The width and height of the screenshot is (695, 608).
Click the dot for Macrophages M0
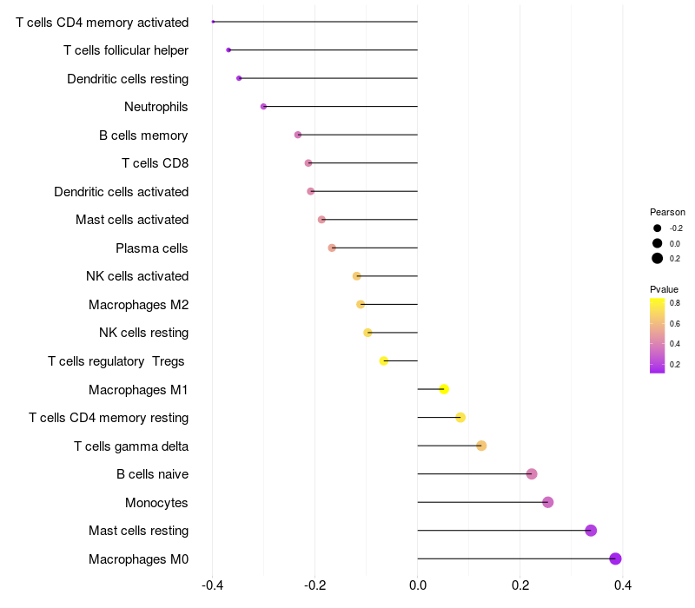pyautogui.click(x=615, y=558)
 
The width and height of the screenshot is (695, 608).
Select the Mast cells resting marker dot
pyautogui.click(x=591, y=531)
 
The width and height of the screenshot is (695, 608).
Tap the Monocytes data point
pyautogui.click(x=547, y=502)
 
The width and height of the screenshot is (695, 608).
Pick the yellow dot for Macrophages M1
pyautogui.click(x=444, y=389)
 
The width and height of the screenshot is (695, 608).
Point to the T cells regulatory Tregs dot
pyautogui.click(x=384, y=360)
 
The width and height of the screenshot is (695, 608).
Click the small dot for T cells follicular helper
pyautogui.click(x=228, y=50)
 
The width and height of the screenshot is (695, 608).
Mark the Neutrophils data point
pyautogui.click(x=263, y=107)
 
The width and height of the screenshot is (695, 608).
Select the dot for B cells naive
pyautogui.click(x=532, y=474)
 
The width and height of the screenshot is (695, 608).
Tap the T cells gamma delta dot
pyautogui.click(x=481, y=446)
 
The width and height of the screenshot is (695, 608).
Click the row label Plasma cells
pyautogui.click(x=151, y=248)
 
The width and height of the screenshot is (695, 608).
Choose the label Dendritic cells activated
pyautogui.click(x=121, y=192)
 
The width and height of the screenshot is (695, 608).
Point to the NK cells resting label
pyautogui.click(x=143, y=333)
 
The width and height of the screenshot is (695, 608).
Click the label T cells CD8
pyautogui.click(x=155, y=163)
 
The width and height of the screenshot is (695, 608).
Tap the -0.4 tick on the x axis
pyautogui.click(x=212, y=585)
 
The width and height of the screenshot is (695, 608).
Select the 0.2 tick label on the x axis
pyautogui.click(x=520, y=585)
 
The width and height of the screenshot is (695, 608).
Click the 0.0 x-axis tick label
pyautogui.click(x=418, y=585)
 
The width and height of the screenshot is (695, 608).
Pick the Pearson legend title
pyautogui.click(x=667, y=212)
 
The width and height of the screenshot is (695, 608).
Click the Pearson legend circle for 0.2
pyautogui.click(x=658, y=258)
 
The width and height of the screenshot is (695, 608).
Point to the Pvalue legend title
pyautogui.click(x=664, y=289)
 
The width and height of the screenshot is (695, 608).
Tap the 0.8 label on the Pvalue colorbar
pyautogui.click(x=674, y=303)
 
